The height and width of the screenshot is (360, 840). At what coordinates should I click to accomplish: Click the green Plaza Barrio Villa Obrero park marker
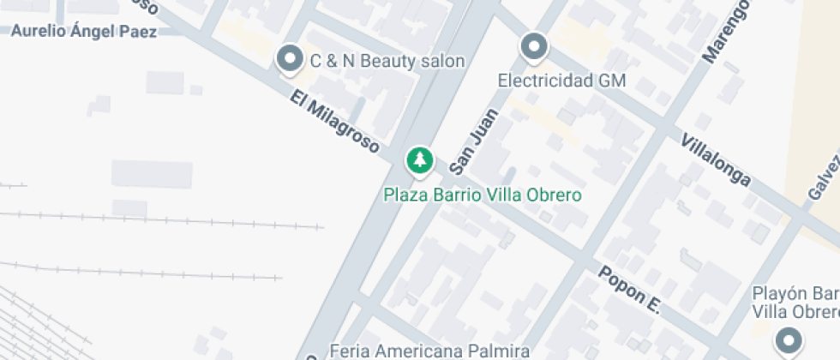(419, 160)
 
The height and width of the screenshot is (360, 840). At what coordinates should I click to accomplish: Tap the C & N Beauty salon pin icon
(290, 59)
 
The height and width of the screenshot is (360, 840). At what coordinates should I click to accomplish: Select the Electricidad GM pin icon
(534, 47)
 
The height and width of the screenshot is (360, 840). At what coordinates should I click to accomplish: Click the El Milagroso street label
(334, 123)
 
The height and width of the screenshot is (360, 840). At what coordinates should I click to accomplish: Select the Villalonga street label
(716, 160)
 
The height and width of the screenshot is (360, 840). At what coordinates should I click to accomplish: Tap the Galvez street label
(823, 176)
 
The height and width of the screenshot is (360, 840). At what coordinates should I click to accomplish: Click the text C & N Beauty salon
(387, 61)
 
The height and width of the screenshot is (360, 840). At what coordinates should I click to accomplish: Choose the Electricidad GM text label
(562, 81)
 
